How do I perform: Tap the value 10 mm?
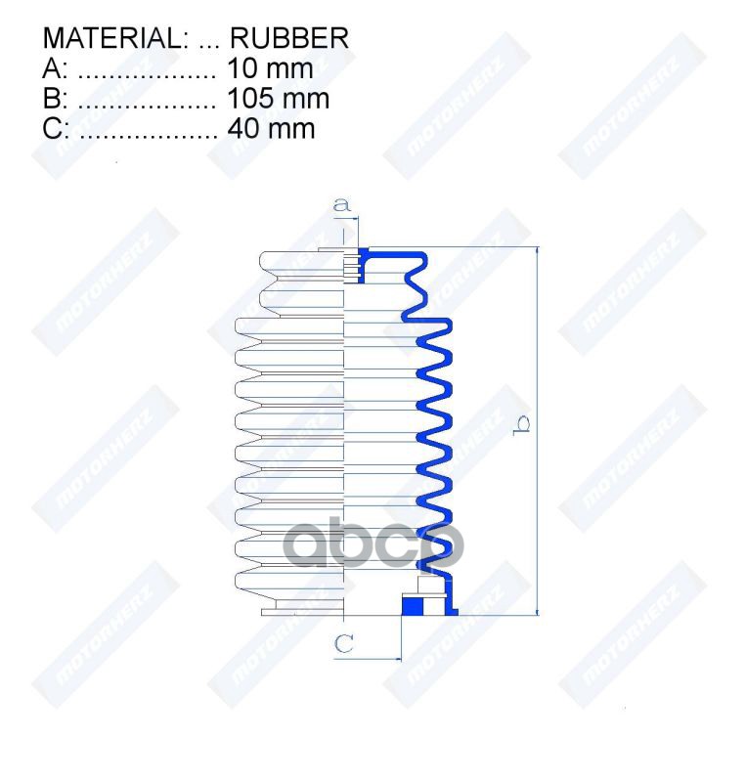pos(269,69)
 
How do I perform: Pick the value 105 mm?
pos(278,99)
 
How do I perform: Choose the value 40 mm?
pos(270,128)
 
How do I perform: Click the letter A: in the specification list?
pos(55,69)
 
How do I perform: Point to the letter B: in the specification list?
pos(55,99)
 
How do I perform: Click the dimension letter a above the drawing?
pos(342,205)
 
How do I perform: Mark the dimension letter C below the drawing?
pos(344,643)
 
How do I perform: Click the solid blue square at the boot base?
pos(414,606)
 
